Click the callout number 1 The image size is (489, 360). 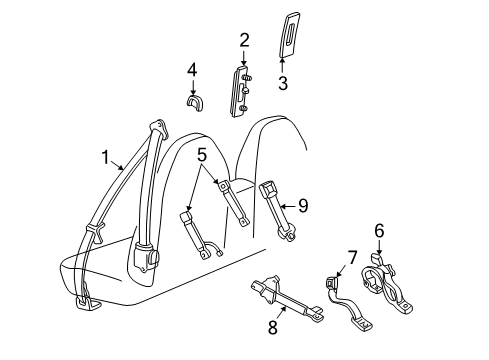coord(105,157)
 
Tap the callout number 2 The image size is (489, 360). coord(244,40)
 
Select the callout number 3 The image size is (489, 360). coord(283,83)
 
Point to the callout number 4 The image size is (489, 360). coord(192,70)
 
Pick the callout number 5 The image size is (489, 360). coord(202,155)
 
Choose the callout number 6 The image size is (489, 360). coord(379,231)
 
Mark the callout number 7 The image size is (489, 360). coord(352,257)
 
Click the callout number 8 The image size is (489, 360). coord(273,327)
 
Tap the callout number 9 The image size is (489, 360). coord(303,205)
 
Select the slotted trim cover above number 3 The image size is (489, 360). coord(289,34)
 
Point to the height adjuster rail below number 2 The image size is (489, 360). coord(240,91)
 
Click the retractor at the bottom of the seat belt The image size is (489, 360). coord(147,259)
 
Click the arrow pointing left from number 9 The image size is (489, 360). coord(288,207)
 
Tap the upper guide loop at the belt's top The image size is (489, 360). coord(159,129)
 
